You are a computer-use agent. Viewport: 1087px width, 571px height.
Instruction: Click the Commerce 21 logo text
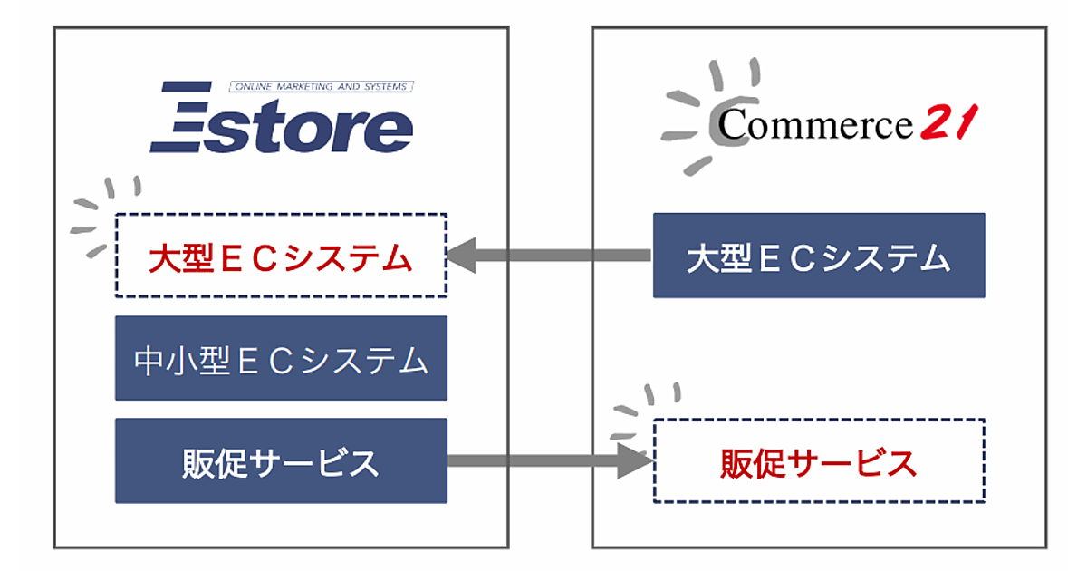point(815,124)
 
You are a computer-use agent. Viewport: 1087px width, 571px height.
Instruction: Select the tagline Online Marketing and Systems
point(322,87)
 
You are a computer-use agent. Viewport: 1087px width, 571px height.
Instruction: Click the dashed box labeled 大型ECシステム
point(281,256)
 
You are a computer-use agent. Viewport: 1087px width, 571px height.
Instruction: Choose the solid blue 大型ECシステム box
point(819,256)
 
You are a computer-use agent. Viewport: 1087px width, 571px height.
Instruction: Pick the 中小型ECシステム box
point(281,358)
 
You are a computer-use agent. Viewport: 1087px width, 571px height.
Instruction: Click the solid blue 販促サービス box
point(281,460)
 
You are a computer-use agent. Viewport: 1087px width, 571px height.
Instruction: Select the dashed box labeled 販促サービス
point(819,460)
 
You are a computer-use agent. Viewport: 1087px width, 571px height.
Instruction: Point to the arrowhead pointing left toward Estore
point(464,256)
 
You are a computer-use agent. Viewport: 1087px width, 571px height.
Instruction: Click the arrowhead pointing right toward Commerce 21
point(638,460)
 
